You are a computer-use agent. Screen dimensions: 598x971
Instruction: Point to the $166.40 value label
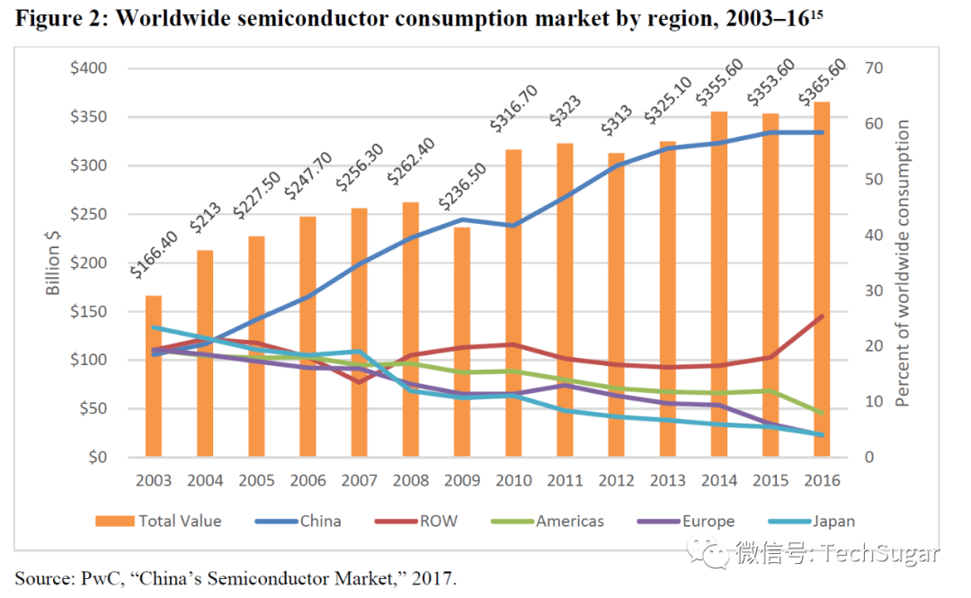(154, 254)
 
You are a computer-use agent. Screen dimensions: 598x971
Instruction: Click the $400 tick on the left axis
(89, 68)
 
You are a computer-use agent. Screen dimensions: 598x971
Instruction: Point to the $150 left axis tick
(89, 311)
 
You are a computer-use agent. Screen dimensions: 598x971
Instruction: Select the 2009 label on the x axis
(462, 480)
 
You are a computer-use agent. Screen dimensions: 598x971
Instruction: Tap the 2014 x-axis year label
(719, 480)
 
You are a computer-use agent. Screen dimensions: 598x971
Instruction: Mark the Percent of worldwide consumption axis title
(904, 263)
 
